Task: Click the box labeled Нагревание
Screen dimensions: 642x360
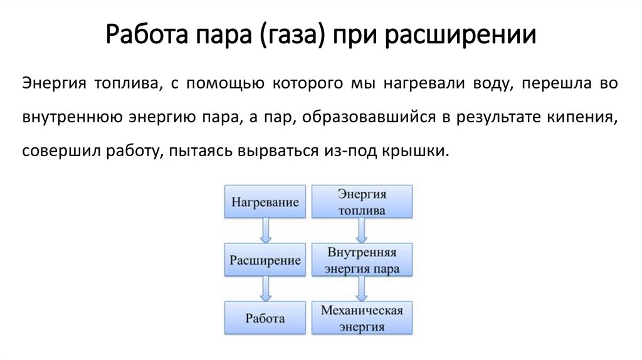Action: pyautogui.click(x=265, y=203)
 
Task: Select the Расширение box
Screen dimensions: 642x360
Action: pyautogui.click(x=265, y=260)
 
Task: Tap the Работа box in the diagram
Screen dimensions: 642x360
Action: pyautogui.click(x=265, y=318)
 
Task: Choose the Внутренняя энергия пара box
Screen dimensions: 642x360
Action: pyautogui.click(x=362, y=260)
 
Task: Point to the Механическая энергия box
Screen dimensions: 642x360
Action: pyautogui.click(x=362, y=318)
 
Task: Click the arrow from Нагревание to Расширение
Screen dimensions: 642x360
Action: pyautogui.click(x=266, y=231)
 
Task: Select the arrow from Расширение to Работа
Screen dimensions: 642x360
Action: pyautogui.click(x=266, y=289)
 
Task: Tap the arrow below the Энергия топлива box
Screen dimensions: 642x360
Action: pyautogui.click(x=361, y=231)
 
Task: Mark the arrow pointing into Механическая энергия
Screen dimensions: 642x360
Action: pyautogui.click(x=361, y=289)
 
